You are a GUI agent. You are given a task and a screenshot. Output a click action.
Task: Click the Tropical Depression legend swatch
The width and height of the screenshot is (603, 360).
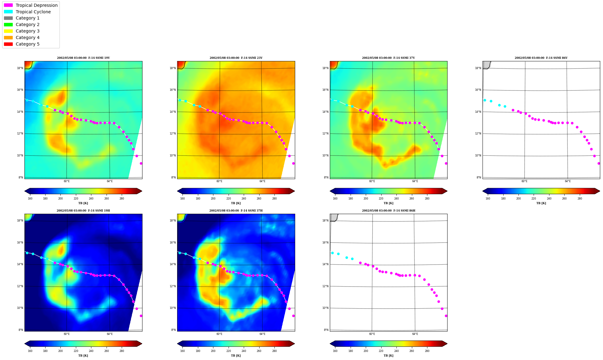point(8,5)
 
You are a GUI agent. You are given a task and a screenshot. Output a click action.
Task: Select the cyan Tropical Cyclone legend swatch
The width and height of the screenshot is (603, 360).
point(8,12)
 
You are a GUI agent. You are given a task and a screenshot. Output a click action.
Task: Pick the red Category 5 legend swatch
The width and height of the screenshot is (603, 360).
point(8,44)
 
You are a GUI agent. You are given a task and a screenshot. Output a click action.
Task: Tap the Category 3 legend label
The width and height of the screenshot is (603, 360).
point(28,31)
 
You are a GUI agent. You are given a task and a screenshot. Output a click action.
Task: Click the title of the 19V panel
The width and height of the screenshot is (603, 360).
point(83,58)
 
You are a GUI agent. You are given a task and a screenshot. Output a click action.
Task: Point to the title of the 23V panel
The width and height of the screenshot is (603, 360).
point(236,58)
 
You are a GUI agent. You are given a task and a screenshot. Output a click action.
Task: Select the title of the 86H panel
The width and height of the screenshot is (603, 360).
point(389,211)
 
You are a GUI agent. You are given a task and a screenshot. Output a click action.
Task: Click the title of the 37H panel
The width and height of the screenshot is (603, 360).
point(236,211)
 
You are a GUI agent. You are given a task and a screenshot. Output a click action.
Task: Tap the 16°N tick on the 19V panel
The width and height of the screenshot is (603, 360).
point(20,90)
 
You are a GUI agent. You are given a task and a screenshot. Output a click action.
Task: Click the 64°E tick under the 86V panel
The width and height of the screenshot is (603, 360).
point(568,181)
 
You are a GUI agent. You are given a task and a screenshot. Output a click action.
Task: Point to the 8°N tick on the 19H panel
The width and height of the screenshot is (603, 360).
point(21,330)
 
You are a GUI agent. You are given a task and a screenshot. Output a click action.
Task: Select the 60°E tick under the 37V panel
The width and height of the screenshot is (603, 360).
point(372,181)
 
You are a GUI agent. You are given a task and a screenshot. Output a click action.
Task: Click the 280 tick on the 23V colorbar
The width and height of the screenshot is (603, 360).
point(274,199)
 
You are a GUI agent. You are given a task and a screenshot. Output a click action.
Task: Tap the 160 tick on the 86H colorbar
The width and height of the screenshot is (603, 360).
point(335,351)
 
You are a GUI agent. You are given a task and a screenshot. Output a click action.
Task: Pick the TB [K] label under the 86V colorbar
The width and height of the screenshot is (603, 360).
point(541,203)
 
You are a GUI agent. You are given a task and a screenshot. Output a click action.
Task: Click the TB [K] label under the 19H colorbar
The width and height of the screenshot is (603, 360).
point(83,356)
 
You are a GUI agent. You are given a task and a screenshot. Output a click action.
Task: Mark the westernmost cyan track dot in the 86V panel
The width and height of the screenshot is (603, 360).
point(485,100)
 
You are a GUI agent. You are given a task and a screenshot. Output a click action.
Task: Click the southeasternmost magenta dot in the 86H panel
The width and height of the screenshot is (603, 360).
point(446,316)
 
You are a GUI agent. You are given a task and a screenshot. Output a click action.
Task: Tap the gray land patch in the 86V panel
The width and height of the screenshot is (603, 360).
point(486,64)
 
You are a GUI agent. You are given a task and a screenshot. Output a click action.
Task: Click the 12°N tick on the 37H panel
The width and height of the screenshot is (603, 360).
point(173,286)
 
